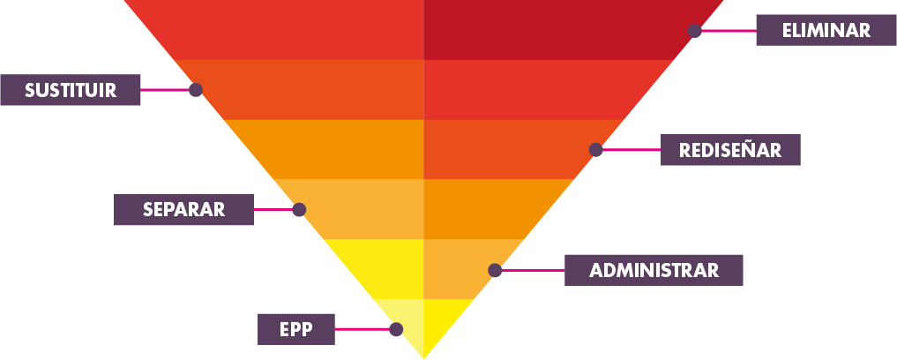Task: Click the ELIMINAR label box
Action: click(826, 30)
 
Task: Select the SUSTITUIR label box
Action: click(70, 90)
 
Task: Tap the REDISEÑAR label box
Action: click(730, 150)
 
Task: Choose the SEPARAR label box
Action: click(183, 210)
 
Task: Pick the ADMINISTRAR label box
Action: click(654, 270)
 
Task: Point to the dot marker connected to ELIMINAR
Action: click(695, 31)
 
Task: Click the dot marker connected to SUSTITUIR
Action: click(196, 90)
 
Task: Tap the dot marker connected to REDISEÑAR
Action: click(596, 150)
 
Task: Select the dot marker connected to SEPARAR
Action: click(299, 210)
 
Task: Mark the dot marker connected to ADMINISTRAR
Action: click(496, 270)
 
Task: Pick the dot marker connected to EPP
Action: click(396, 329)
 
